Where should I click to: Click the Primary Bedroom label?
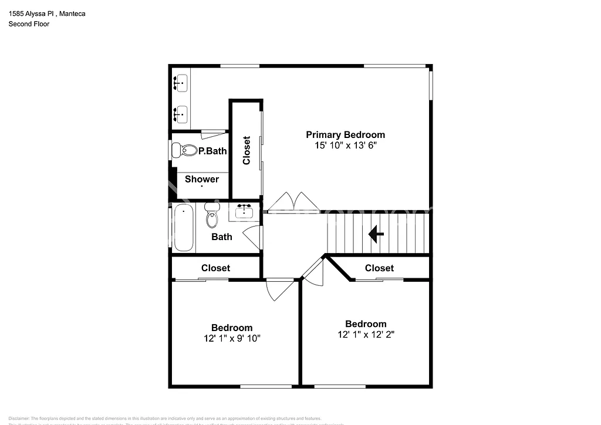[345, 134]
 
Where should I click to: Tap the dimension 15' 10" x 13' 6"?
[345, 145]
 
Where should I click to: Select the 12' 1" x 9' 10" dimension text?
[232, 338]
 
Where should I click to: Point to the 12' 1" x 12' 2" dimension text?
[366, 335]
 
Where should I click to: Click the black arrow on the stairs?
[376, 235]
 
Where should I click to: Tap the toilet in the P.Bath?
[184, 150]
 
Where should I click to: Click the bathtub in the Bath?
[183, 228]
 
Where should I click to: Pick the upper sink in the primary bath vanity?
[181, 84]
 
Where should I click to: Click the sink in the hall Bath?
[244, 211]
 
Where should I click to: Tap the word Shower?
[202, 179]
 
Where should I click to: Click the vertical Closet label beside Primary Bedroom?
[247, 150]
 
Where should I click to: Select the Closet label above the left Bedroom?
[215, 268]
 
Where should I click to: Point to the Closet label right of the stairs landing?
[379, 268]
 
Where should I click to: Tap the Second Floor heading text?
[29, 24]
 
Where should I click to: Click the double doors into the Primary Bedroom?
[293, 202]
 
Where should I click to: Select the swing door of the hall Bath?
[252, 237]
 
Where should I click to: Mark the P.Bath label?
[212, 151]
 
